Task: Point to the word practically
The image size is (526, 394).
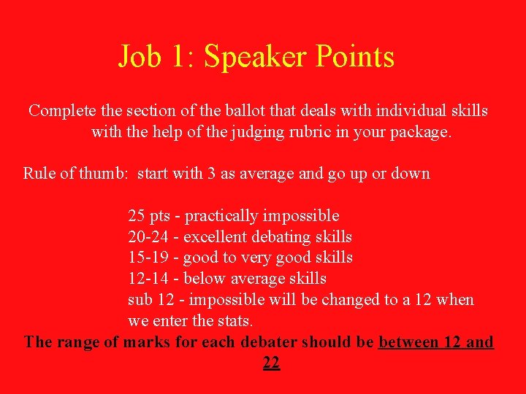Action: (x=226, y=216)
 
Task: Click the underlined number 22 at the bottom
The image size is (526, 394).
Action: (x=271, y=363)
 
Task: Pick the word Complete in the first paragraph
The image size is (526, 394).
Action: (x=62, y=111)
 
